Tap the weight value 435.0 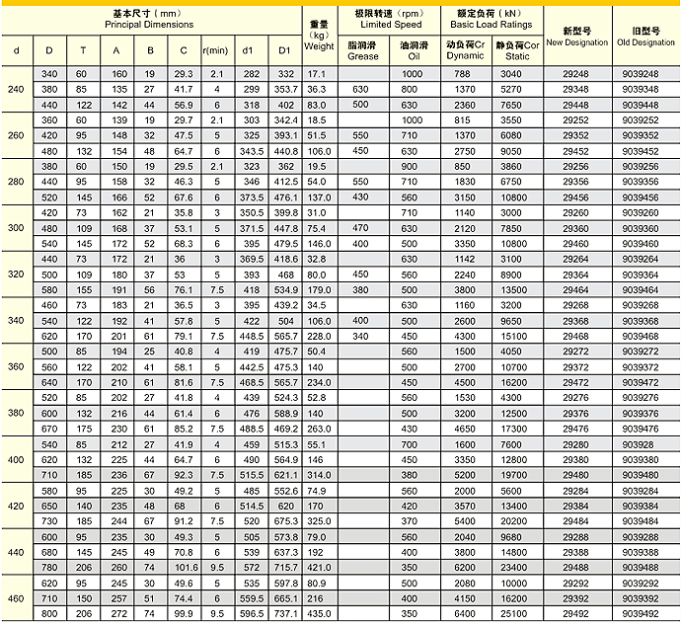coord(317,613)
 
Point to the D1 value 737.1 coord(286,613)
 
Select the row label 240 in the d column coord(17,90)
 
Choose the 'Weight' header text coord(319,46)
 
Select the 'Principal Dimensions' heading coord(152,24)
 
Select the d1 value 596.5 coord(251,613)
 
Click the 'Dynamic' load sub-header coord(465,56)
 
